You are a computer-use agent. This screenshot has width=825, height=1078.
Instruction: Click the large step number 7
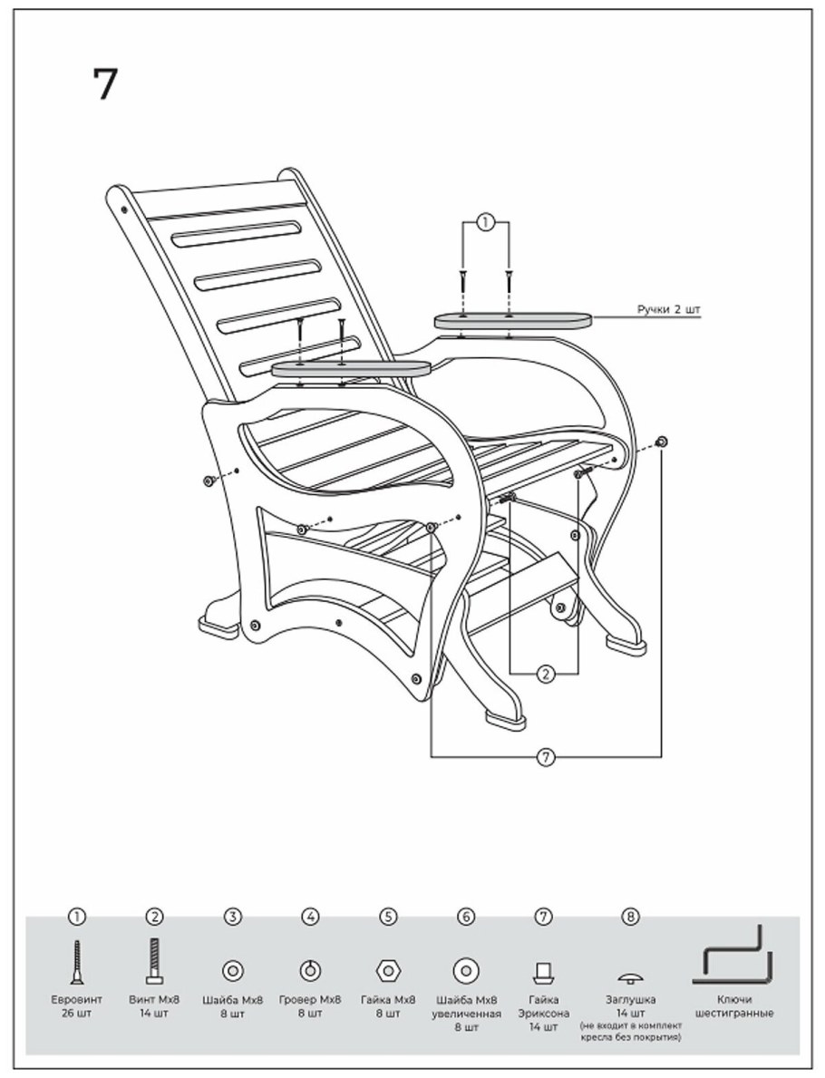tap(105, 84)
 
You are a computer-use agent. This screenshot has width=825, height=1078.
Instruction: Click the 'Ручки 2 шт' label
tap(669, 309)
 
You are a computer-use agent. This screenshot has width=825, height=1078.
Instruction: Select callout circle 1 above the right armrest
tap(485, 222)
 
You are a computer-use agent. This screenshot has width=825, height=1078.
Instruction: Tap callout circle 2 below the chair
tap(545, 674)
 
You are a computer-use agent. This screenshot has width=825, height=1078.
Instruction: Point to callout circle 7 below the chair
tap(545, 758)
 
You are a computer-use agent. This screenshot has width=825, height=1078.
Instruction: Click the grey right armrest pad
tap(513, 320)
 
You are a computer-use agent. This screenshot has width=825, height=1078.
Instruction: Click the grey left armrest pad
tap(352, 369)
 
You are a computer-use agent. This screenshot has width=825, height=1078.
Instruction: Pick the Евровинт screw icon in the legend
tap(77, 961)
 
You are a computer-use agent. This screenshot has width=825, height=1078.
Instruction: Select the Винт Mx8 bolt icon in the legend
tap(155, 961)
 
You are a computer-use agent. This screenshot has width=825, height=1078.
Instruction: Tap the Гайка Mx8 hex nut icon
tap(388, 971)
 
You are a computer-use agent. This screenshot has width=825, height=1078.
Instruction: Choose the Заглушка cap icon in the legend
tap(630, 977)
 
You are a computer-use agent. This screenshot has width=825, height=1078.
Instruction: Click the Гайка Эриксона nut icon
tap(544, 972)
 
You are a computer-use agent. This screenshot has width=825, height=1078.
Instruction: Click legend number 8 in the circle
tap(630, 917)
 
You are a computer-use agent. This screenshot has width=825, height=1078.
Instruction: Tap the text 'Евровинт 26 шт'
tap(77, 1006)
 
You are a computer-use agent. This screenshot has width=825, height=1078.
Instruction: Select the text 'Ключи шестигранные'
tap(733, 1006)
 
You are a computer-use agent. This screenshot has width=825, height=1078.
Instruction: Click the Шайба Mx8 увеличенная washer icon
tap(466, 971)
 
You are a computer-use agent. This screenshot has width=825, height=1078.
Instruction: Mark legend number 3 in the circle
tap(233, 917)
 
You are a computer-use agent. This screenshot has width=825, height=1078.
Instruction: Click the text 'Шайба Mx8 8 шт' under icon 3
tap(233, 1006)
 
